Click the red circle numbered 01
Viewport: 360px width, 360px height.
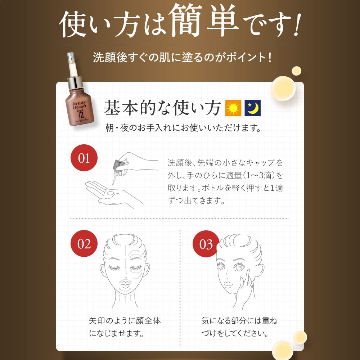[x=84, y=158]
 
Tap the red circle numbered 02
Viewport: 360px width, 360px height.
[x=84, y=244]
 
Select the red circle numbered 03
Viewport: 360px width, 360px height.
[x=206, y=244]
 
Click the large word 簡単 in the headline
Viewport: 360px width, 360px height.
[x=203, y=21]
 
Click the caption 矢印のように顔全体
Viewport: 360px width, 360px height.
[x=125, y=320]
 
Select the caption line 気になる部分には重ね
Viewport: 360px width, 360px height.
[x=239, y=320]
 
